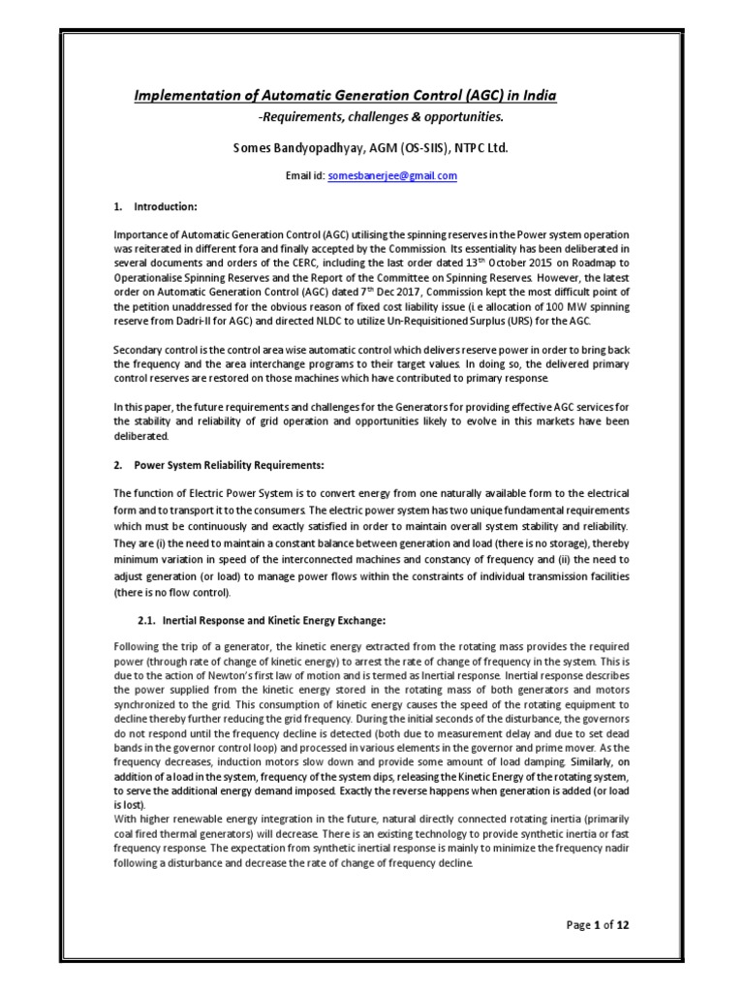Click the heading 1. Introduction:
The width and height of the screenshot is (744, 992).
pos(156,207)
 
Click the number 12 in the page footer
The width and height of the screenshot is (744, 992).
pos(622,924)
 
